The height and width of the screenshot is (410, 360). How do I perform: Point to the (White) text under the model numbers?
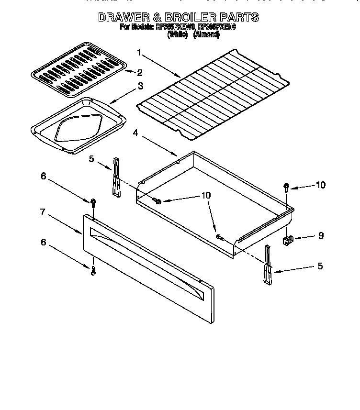pos(179,35)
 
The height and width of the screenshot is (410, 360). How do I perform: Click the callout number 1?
pos(139,52)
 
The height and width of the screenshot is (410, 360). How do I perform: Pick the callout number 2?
pos(140,73)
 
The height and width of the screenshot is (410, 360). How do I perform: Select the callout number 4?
pos(135,133)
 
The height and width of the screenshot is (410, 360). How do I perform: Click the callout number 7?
pos(43,212)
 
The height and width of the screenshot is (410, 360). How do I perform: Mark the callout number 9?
pos(320,235)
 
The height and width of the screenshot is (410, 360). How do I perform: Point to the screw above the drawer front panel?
pos(92,203)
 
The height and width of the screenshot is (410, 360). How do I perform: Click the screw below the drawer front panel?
pos(93,270)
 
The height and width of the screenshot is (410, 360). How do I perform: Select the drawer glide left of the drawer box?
pos(116,177)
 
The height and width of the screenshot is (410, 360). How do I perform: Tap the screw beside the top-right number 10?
pos(286,186)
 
